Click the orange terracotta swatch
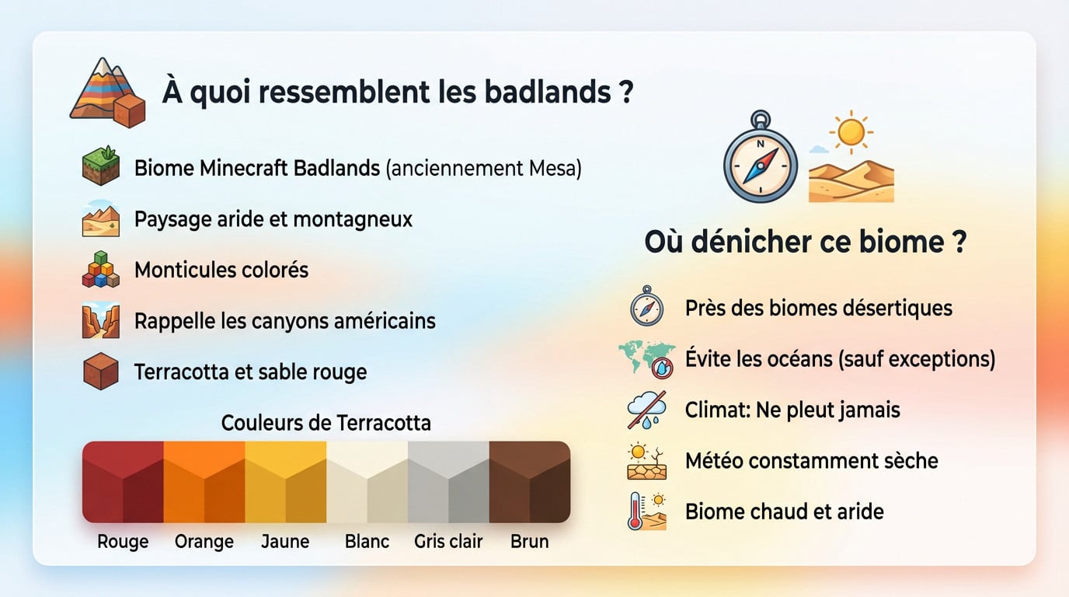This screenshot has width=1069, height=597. (x=204, y=482)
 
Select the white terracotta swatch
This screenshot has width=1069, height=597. (x=367, y=482)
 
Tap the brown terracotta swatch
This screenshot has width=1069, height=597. (x=530, y=482)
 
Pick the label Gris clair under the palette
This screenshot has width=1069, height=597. (x=448, y=542)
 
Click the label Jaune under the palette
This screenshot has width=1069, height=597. (x=285, y=542)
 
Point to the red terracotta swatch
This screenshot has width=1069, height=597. (x=123, y=482)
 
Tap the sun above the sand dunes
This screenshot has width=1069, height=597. (x=851, y=132)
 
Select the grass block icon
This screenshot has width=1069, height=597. (x=100, y=167)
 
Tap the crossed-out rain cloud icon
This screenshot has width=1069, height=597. (x=646, y=410)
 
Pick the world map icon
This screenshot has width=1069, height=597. (x=646, y=358)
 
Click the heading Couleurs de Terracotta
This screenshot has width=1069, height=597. (x=326, y=423)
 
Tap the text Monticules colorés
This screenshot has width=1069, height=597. (x=221, y=270)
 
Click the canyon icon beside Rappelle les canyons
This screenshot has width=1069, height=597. (x=100, y=321)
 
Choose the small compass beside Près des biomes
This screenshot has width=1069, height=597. (x=646, y=306)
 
